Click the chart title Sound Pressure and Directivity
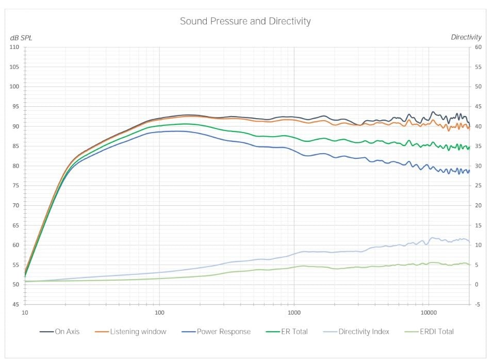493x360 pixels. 245,22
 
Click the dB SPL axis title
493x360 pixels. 21,38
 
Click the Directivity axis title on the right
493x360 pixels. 466,37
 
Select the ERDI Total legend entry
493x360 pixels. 430,332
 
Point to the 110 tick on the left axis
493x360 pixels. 14,47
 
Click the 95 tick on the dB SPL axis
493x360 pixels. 15,107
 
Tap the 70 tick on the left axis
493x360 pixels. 15,205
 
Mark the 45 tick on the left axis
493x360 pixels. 15,304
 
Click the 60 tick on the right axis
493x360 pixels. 479,47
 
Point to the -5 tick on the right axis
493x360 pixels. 478,304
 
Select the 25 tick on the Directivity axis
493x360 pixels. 479,186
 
